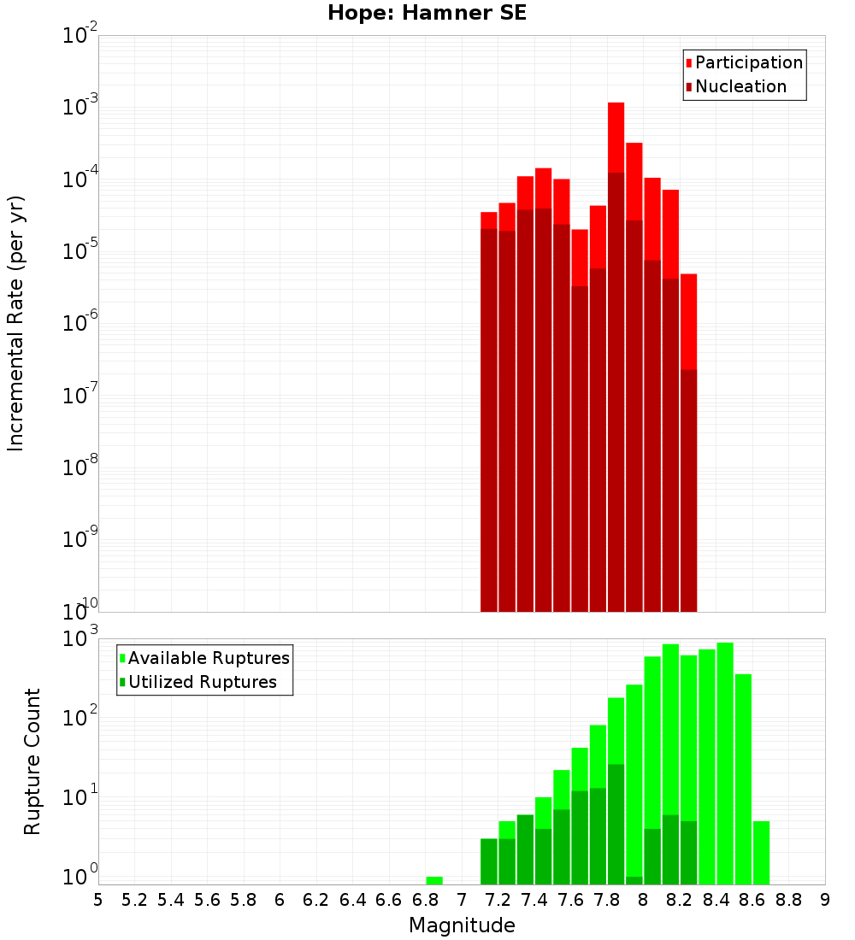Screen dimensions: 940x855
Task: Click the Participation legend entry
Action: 748,62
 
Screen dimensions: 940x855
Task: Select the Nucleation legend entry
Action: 740,86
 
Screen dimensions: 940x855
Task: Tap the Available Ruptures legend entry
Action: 208,658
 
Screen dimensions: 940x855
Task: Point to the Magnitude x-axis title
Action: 462,925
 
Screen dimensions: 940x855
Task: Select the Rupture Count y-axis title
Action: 32,761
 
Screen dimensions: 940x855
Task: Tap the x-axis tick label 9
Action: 824,900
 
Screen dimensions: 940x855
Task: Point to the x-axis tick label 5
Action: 98,900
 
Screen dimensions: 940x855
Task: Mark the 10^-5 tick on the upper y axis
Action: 80,251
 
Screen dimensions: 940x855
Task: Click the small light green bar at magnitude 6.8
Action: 433,880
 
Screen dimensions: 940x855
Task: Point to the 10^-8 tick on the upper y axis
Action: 80,467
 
